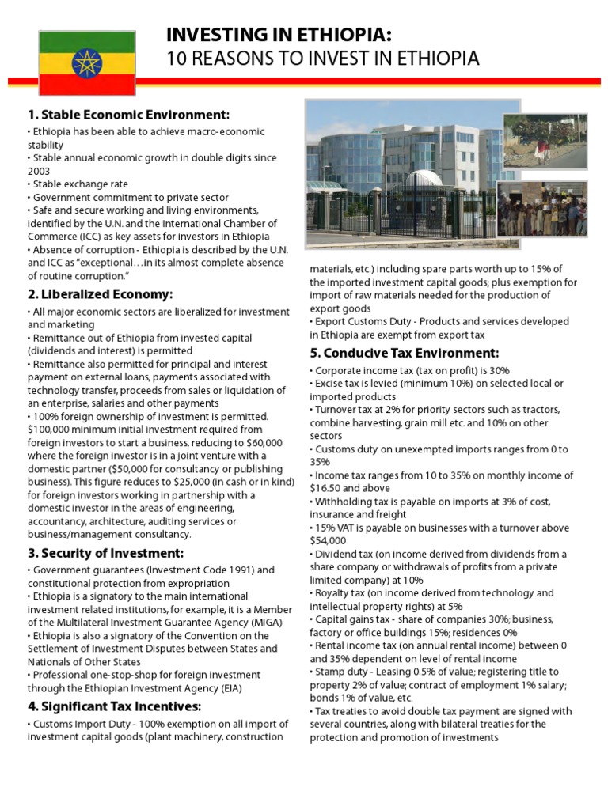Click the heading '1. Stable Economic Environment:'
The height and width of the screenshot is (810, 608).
pyautogui.click(x=128, y=114)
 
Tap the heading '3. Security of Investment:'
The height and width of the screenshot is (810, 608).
pyautogui.click(x=105, y=552)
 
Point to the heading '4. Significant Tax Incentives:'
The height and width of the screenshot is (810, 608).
pyautogui.click(x=114, y=706)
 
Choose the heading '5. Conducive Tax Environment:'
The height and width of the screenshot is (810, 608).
pyautogui.click(x=404, y=352)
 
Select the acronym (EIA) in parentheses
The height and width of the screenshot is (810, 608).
pyautogui.click(x=230, y=688)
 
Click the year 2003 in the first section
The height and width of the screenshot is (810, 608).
pyautogui.click(x=40, y=171)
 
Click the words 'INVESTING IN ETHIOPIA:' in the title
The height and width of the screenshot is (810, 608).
pyautogui.click(x=279, y=35)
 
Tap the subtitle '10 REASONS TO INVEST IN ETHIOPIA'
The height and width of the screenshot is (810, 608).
pyautogui.click(x=322, y=59)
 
